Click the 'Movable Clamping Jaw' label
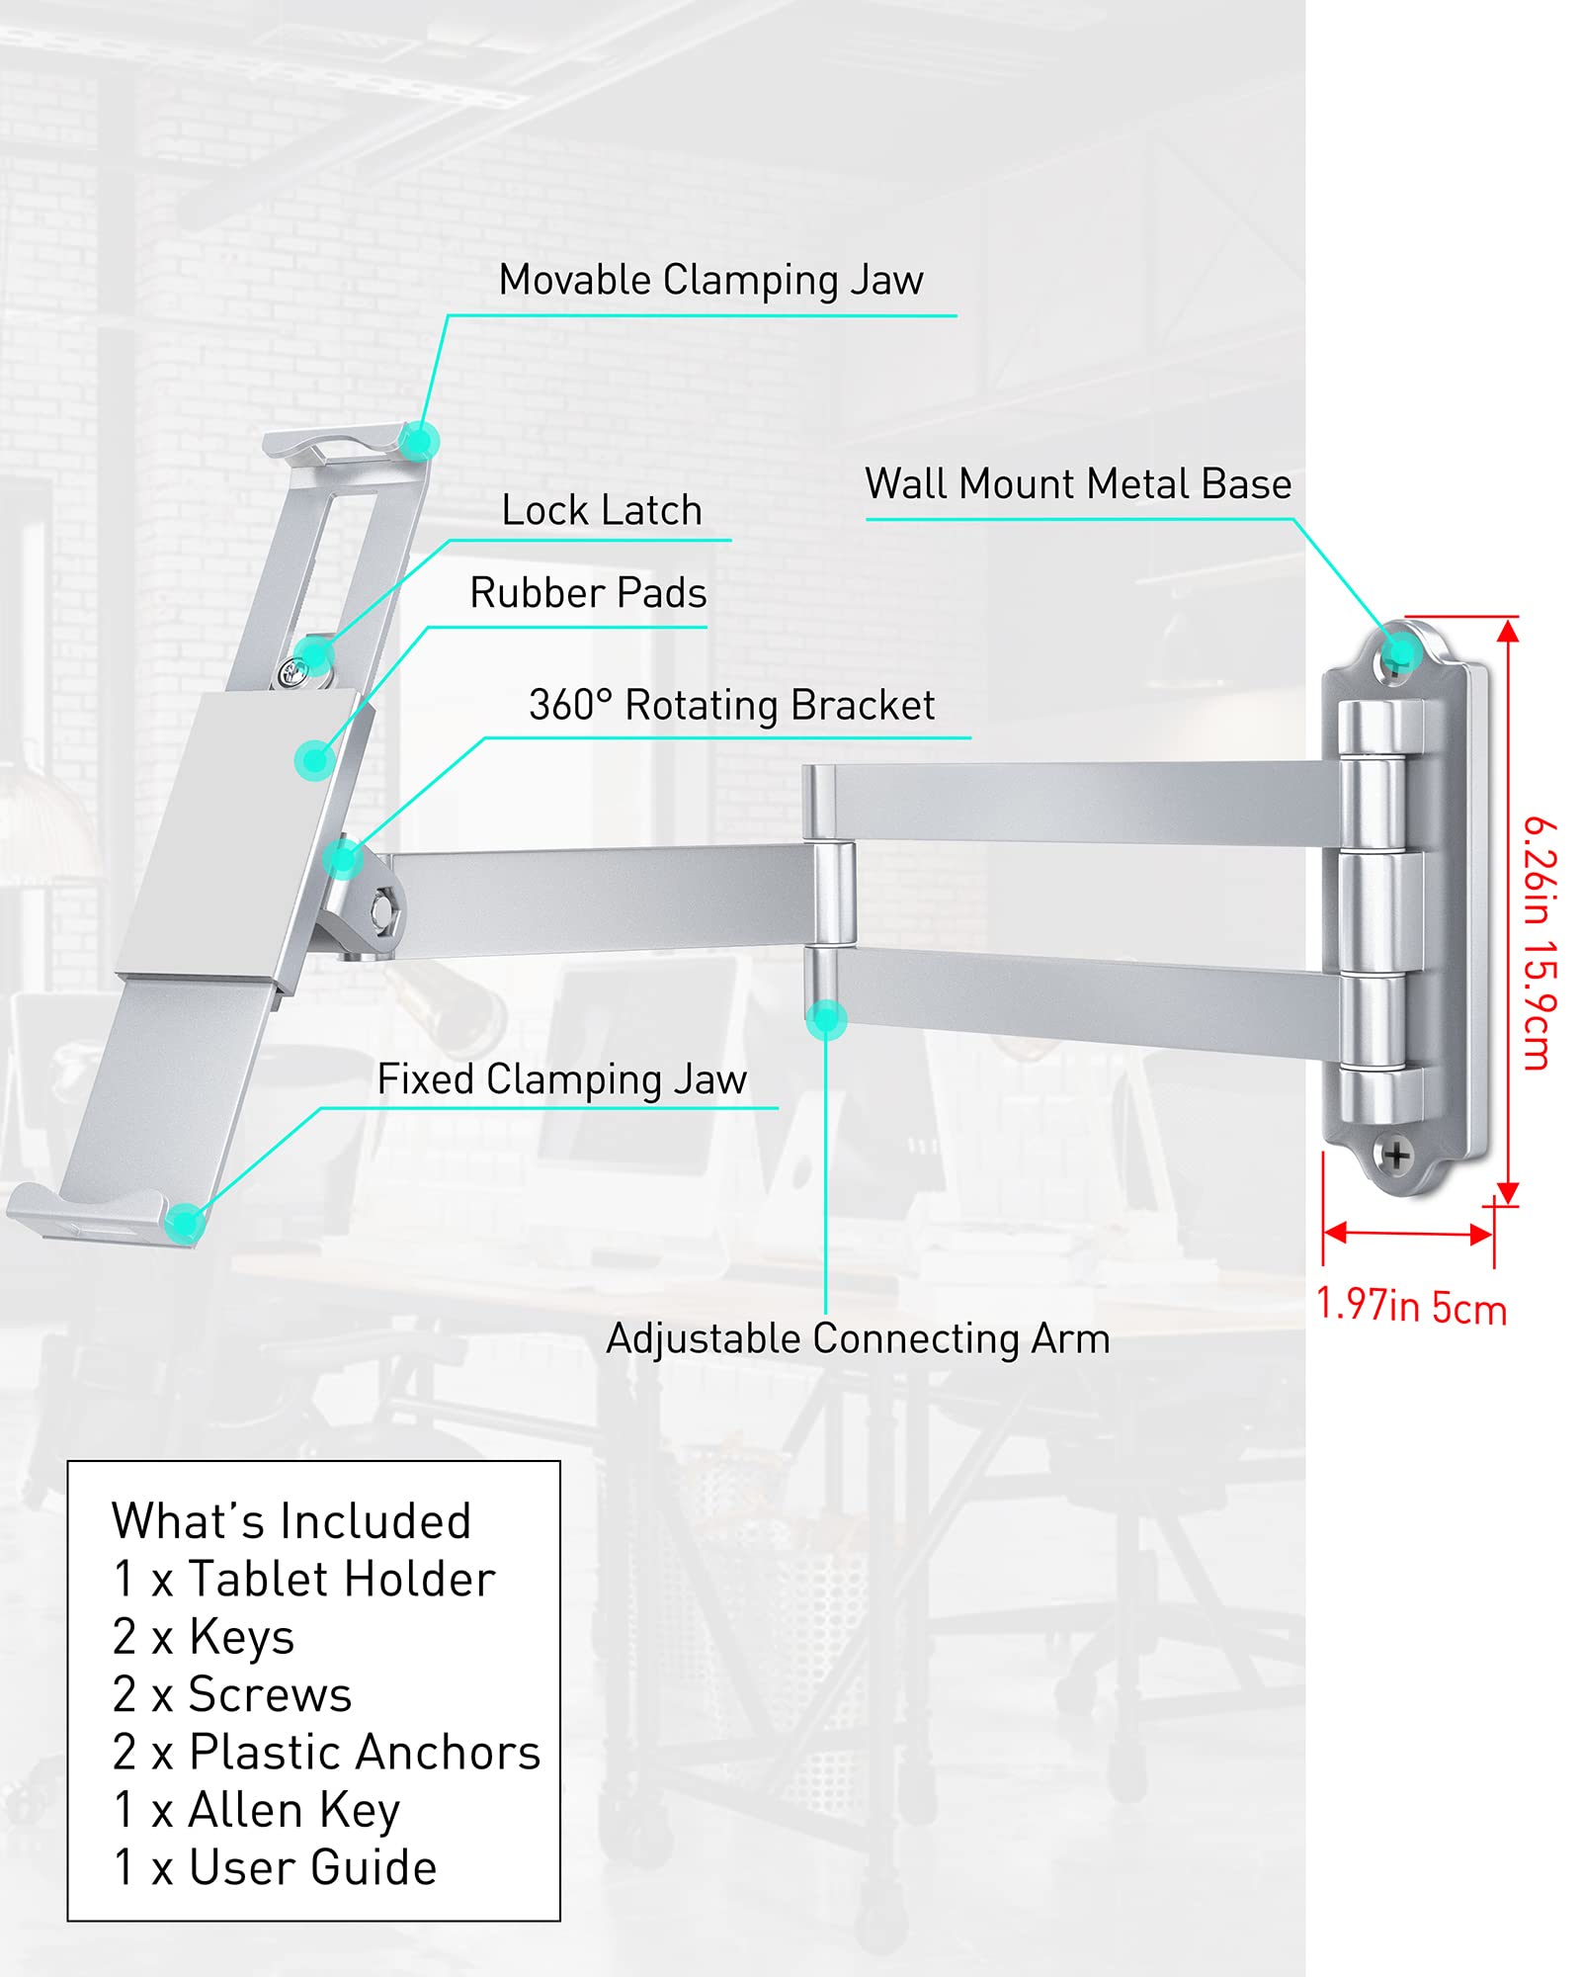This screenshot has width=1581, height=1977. pos(710,281)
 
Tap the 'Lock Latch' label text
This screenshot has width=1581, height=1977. pos(602,511)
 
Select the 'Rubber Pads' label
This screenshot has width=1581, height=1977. pos(588,593)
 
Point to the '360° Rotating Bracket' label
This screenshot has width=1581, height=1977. pos(731,706)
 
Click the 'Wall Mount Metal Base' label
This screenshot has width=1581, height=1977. pos(1078,484)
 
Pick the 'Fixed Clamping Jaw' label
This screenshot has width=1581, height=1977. pos(561,1079)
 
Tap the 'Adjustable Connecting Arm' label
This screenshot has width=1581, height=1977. pos(858,1339)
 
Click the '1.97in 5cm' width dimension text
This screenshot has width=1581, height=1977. pos(1411,1307)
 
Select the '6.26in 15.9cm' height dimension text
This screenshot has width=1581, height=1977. pos(1539,943)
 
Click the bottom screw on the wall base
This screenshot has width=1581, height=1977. pos(1396,1154)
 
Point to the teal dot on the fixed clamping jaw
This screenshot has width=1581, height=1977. pos(184,1223)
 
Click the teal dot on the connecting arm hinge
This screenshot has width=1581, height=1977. pos(826,1019)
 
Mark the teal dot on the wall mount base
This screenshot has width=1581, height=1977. pos(1400,651)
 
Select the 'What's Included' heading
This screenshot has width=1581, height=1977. pos(291,1521)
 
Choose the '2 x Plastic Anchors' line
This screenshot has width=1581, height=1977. pos(326,1753)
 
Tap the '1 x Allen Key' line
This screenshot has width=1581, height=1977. pos(257,1810)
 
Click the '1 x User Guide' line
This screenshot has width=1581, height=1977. pos(275,1868)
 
